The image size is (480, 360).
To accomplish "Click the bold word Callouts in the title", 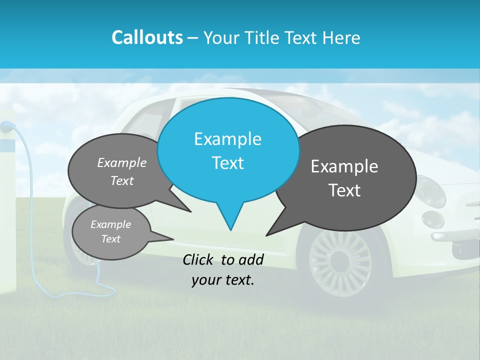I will pos(147,37).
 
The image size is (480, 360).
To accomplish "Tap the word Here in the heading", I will pos(342,37).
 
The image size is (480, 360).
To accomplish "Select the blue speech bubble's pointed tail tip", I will pos(230,229).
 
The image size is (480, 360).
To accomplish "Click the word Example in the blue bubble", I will pos(227,139).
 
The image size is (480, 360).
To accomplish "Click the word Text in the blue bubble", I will pos(227,163).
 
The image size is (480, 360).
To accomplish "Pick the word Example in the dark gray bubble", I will pos(344,166).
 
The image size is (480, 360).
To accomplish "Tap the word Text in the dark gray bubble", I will pos(344,190).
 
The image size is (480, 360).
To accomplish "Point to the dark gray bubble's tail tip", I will pos(267,234).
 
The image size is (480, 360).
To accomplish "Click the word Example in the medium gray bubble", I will pos(122,162).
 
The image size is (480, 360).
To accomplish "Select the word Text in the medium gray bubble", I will pos(122,180).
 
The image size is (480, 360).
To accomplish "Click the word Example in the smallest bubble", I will pos(110,224).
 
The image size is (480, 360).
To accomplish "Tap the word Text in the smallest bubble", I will pos(110,239).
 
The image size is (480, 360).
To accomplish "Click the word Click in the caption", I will pos(198,259).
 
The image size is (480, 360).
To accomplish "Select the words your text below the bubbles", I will pos(223,280).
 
